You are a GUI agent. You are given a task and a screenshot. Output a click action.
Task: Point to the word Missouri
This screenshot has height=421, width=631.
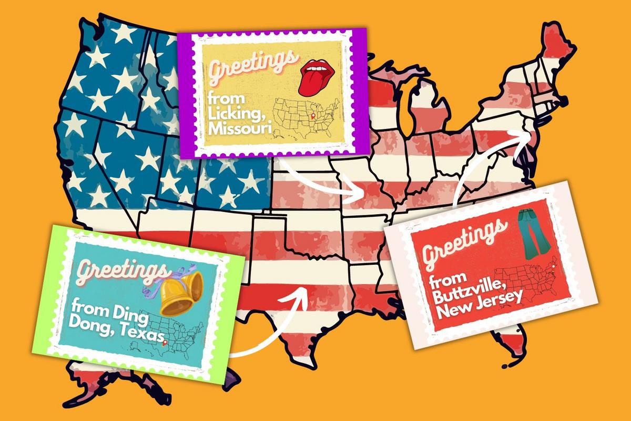tap(239, 130)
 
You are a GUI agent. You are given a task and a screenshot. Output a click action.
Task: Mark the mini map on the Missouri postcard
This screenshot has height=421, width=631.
tap(308, 117)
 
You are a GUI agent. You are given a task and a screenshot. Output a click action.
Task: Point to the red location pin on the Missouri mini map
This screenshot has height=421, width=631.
tap(314, 115)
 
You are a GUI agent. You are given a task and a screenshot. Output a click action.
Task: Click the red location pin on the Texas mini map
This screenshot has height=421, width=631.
tap(165, 344)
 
